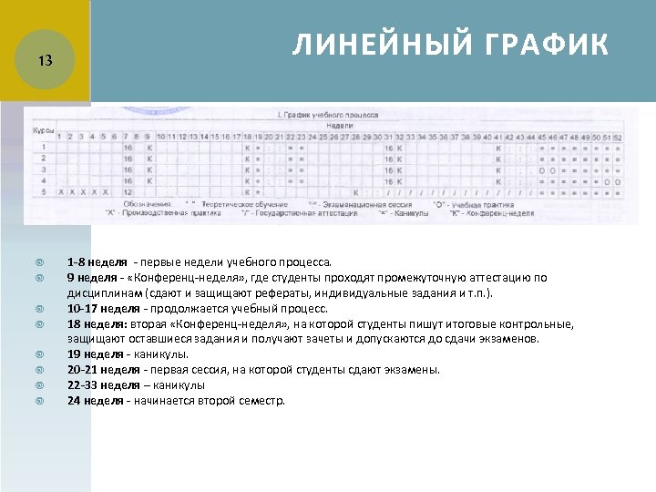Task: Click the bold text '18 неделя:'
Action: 97,323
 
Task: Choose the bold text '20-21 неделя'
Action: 100,369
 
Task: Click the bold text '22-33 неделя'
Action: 100,384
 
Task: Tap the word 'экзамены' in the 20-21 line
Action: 415,369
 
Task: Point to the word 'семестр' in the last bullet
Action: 262,400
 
